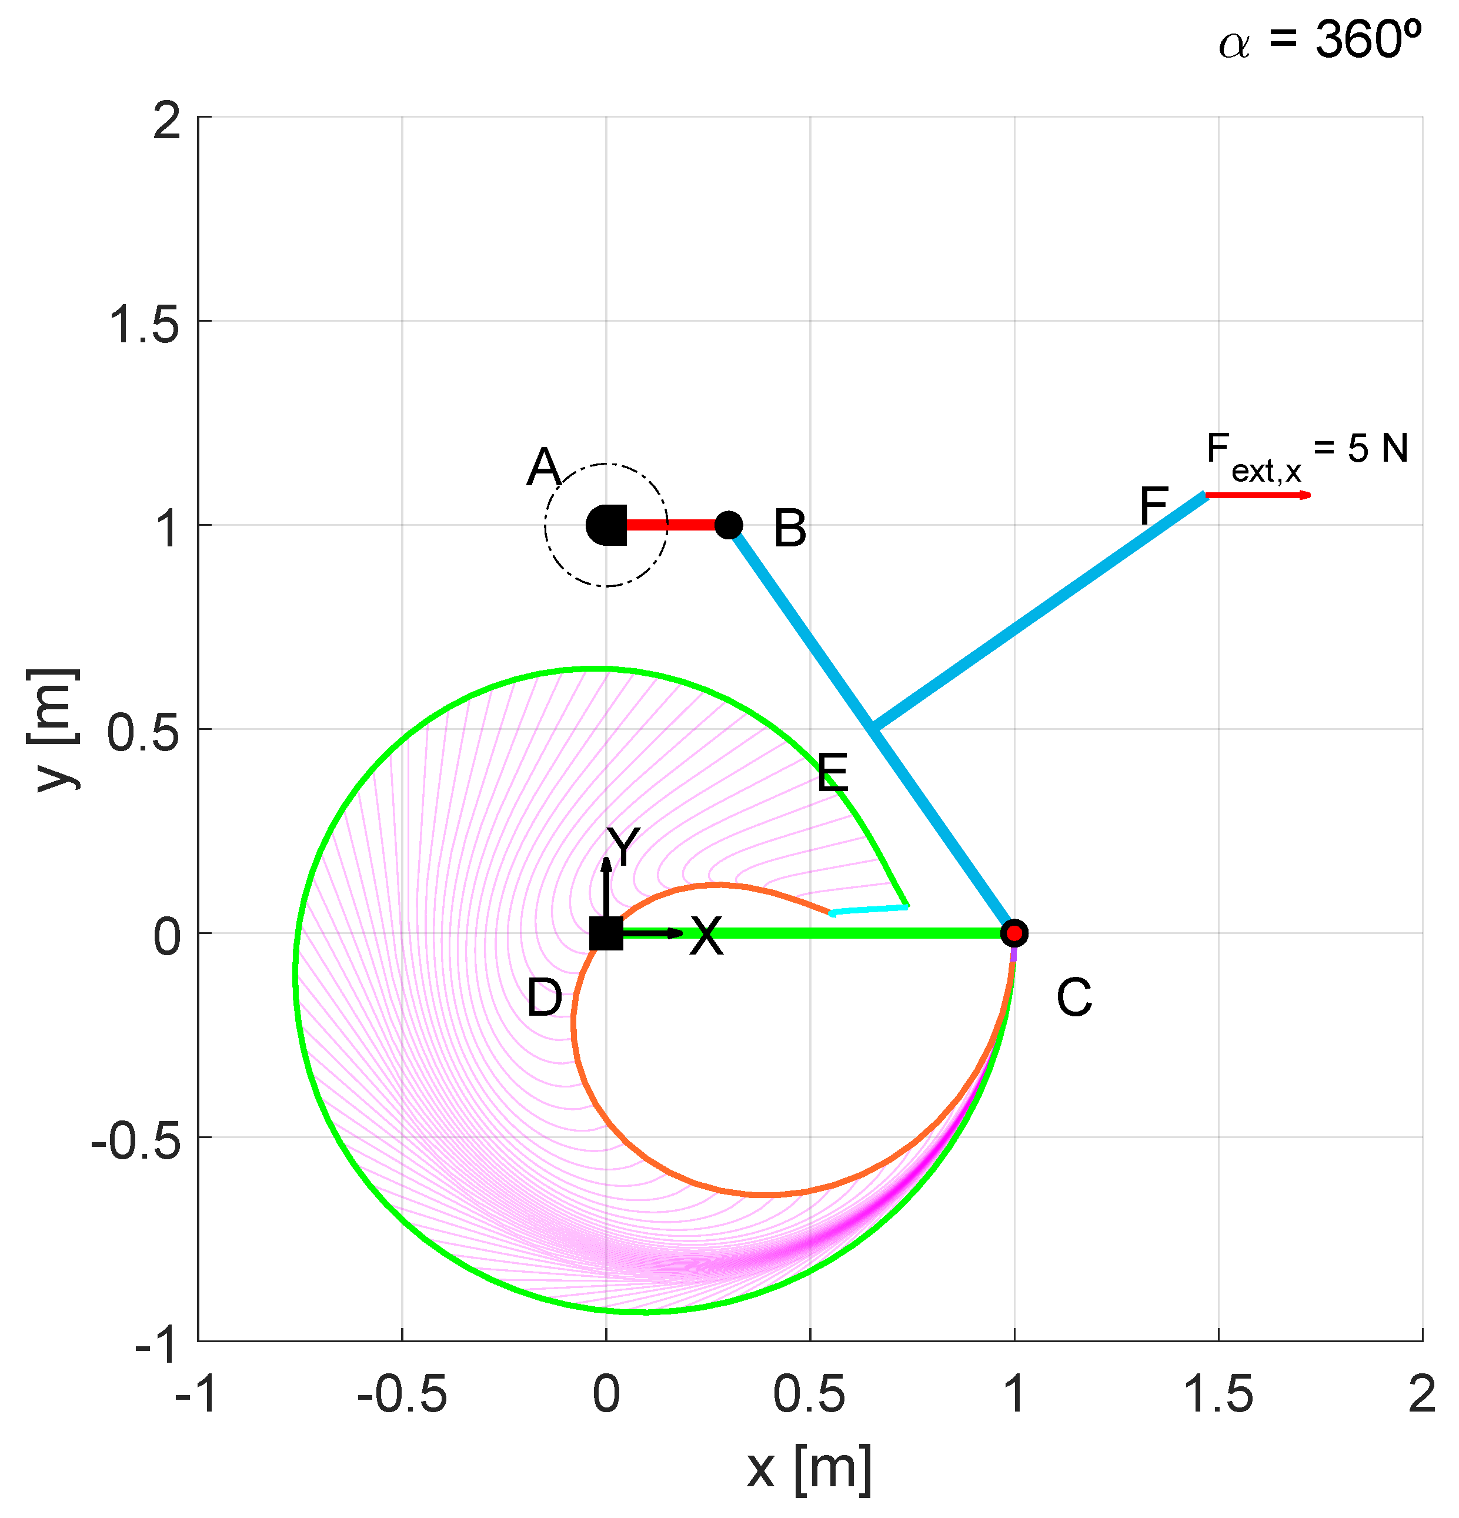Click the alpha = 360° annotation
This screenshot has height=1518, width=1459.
click(x=1319, y=40)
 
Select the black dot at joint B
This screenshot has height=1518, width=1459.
click(x=729, y=525)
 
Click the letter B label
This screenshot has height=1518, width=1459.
click(x=790, y=530)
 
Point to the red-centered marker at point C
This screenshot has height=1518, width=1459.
click(x=1014, y=933)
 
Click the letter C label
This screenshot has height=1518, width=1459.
click(x=1073, y=997)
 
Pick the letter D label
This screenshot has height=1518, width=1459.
click(x=545, y=997)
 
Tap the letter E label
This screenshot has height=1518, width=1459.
click(x=833, y=772)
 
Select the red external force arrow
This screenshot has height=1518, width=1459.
click(x=1258, y=495)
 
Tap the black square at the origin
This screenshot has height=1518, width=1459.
click(x=606, y=933)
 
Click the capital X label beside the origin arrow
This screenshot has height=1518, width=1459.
click(x=706, y=936)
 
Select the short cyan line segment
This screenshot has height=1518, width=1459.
click(x=869, y=910)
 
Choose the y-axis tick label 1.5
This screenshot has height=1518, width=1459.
click(x=145, y=323)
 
